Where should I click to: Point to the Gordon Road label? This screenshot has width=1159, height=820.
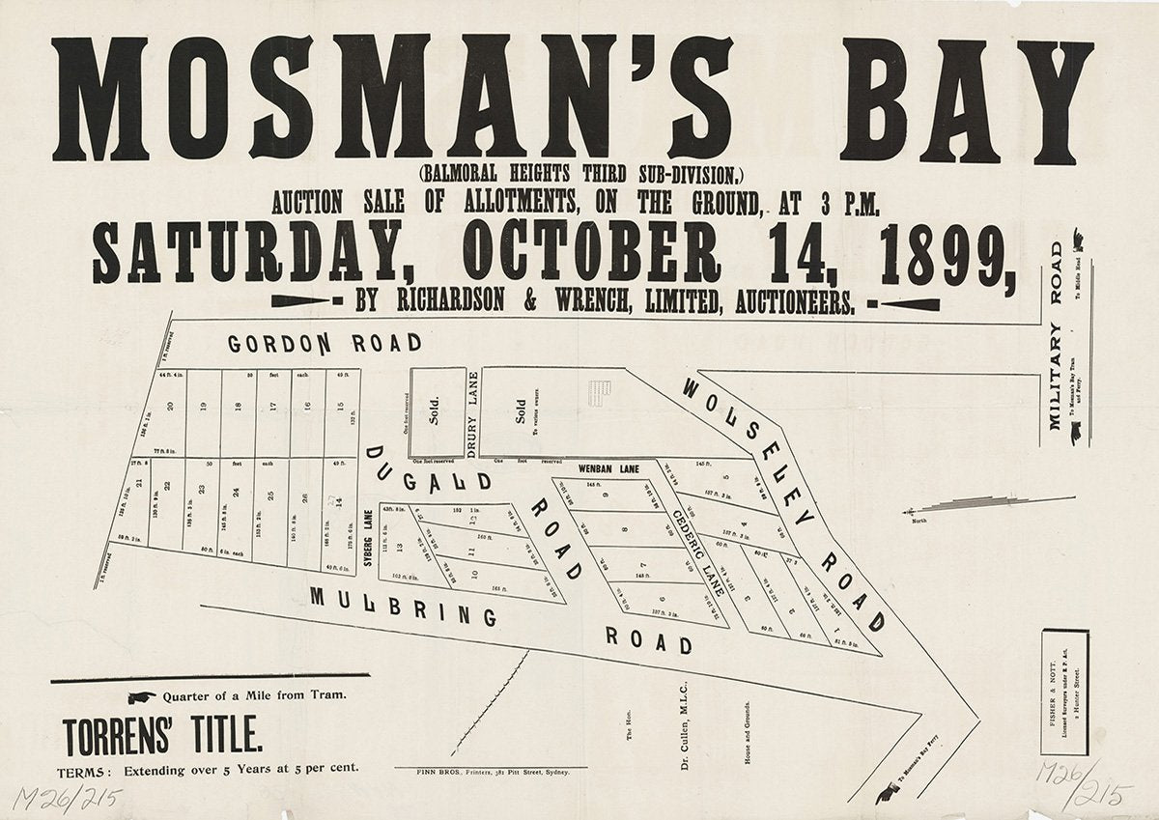point(325,343)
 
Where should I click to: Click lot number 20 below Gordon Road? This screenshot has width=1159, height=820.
point(170,409)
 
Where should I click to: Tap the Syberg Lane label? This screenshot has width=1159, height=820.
point(368,536)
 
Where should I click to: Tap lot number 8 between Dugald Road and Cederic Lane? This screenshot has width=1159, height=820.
point(625,529)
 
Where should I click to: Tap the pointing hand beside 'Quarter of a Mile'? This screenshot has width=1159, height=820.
point(140,697)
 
